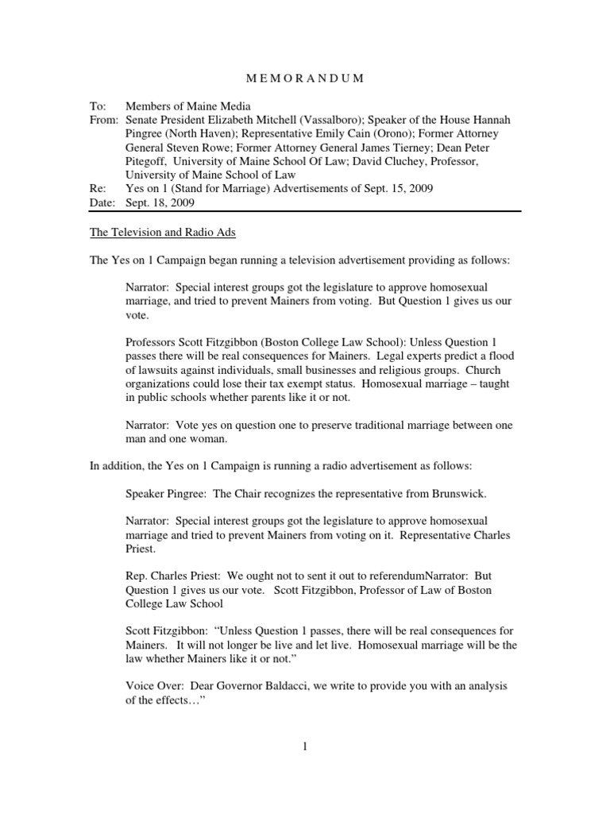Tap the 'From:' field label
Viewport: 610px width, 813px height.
(x=103, y=120)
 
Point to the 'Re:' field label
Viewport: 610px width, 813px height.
(x=97, y=189)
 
